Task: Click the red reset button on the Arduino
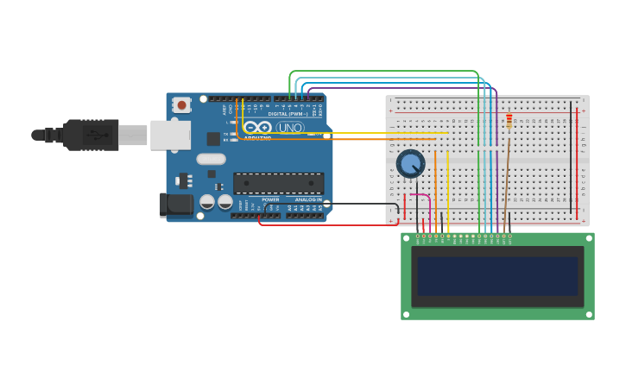[181, 104]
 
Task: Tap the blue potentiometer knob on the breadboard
[410, 162]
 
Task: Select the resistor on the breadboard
[509, 122]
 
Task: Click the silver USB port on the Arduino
[170, 135]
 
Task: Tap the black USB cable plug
[92, 135]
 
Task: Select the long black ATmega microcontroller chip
[278, 183]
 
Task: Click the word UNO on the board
[290, 128]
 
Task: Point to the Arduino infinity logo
[257, 128]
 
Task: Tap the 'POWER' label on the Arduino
[270, 199]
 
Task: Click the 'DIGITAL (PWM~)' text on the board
[288, 113]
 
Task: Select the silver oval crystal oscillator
[211, 159]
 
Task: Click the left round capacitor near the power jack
[207, 202]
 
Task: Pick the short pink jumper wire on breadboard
[422, 197]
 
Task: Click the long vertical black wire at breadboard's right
[570, 155]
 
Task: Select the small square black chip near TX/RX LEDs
[213, 139]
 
